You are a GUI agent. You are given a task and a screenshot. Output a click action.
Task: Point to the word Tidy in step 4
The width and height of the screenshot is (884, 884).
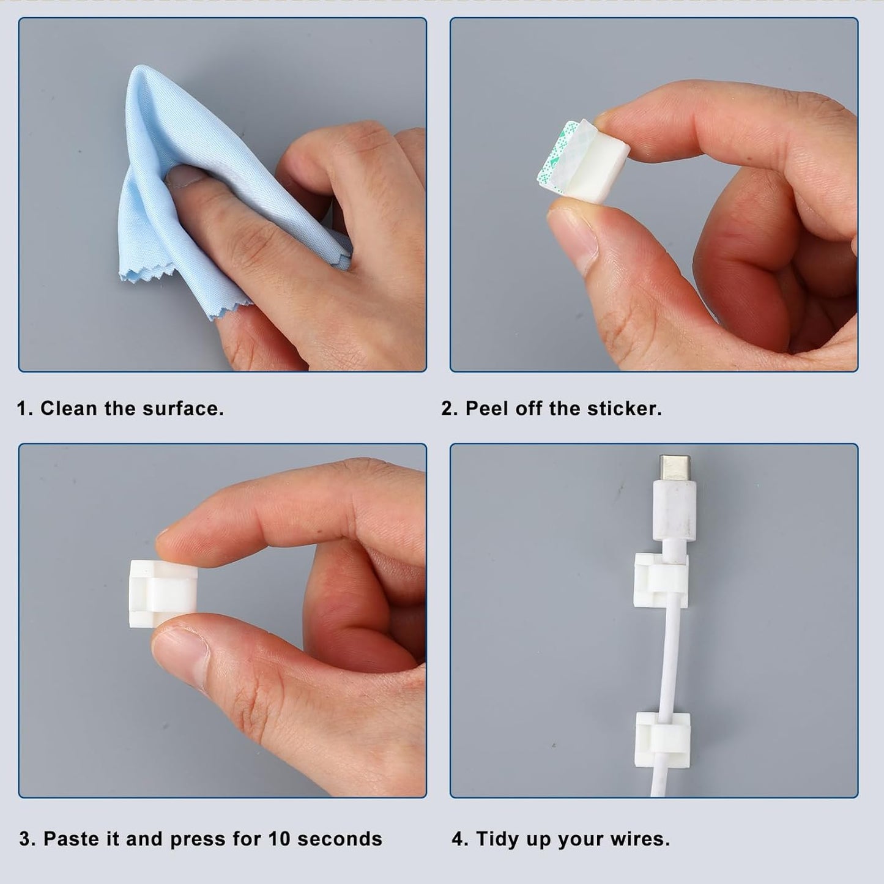(x=497, y=839)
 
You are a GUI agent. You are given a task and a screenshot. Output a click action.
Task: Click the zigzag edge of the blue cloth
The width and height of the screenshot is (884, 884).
(x=184, y=294)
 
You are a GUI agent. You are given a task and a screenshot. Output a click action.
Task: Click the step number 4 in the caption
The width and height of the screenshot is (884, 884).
(x=458, y=839)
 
